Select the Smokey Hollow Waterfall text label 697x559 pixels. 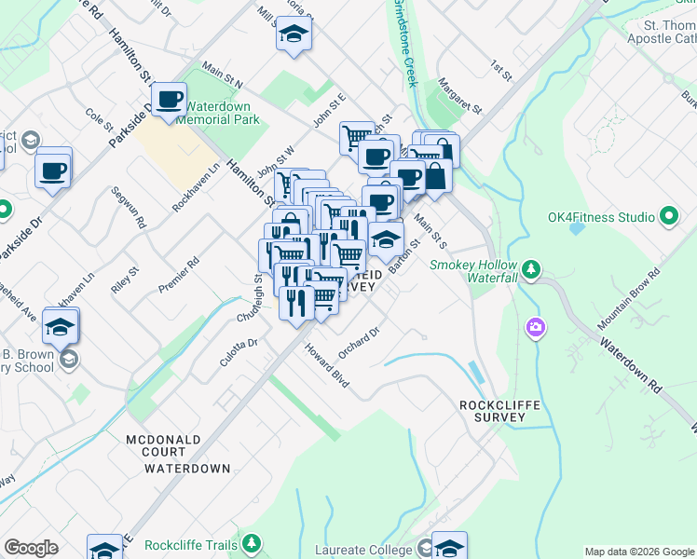pyautogui.click(x=472, y=271)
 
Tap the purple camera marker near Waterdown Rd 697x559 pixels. pyautogui.click(x=536, y=327)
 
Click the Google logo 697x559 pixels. pyautogui.click(x=31, y=548)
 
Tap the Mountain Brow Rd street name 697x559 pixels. pyautogui.click(x=629, y=299)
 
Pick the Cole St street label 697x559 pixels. pyautogui.click(x=99, y=120)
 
